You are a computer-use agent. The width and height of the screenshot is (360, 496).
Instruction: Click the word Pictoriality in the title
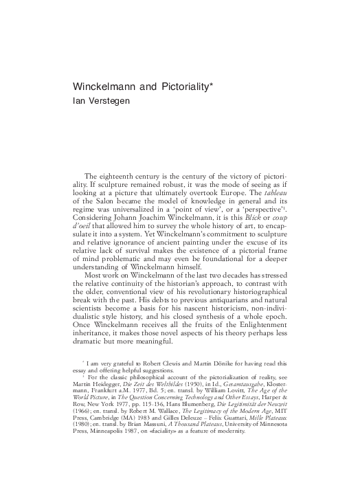pos(178,89)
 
